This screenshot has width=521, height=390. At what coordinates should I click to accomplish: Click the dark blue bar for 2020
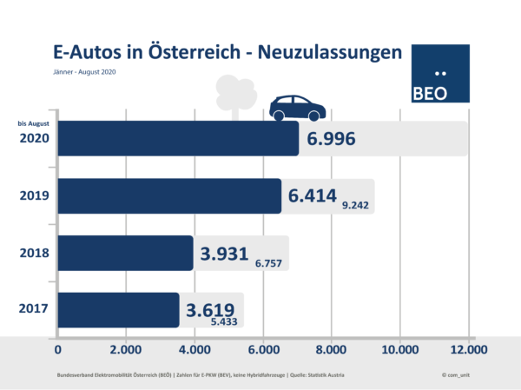pos(178,139)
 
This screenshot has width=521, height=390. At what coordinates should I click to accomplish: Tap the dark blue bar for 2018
pos(126,253)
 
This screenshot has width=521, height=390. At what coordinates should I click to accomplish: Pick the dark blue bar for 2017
pos(119,309)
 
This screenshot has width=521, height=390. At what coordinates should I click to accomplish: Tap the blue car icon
pos(298,109)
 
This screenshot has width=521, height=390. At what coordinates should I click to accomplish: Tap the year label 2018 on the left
pos(32,253)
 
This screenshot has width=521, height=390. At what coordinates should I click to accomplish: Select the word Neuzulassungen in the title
pos(333,52)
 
